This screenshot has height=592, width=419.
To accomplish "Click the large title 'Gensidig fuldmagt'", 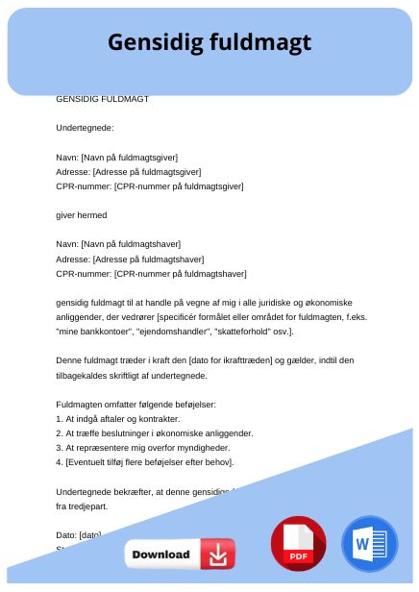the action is click(209, 42).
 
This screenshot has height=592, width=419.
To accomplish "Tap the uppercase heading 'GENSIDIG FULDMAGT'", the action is click(103, 98).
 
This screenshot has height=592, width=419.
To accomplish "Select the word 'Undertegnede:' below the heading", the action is click(86, 128).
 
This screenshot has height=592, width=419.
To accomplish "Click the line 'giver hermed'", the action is click(82, 215).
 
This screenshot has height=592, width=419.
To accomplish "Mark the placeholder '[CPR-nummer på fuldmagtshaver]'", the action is click(180, 274).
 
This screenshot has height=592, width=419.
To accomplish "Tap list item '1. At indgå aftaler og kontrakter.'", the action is click(119, 419).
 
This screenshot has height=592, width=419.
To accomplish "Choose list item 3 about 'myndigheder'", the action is click(140, 448).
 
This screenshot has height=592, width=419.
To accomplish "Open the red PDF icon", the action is click(299, 544).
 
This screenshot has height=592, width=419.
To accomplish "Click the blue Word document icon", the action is click(369, 544).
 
